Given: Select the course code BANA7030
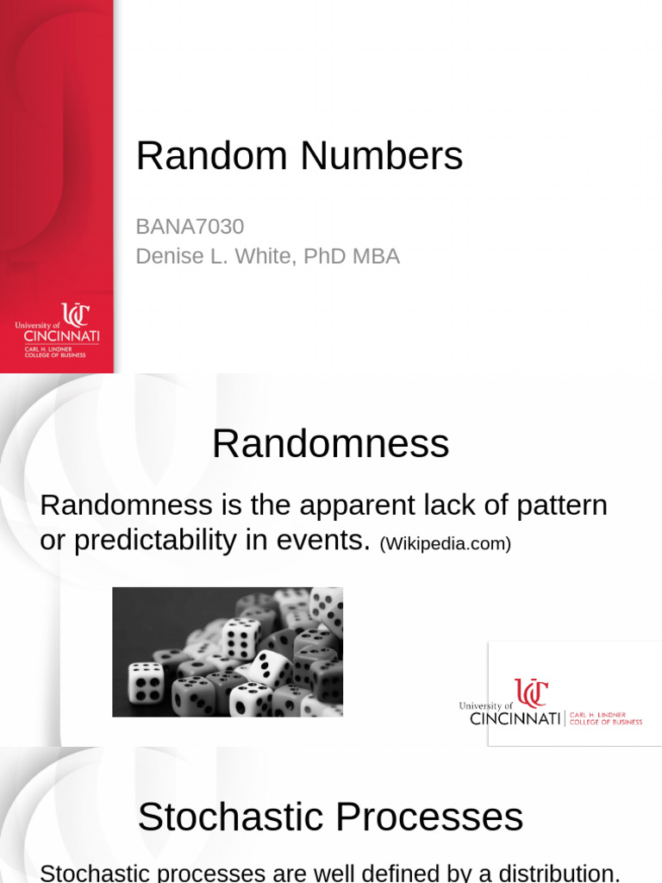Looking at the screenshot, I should pos(190,227).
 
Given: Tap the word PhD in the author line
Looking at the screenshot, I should pos(320,256).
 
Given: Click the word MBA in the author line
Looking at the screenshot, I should pos(375,256).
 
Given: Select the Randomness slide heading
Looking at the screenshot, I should pos(330,444).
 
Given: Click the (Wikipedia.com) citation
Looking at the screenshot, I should pos(445,544).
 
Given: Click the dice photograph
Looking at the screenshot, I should pos(228,652).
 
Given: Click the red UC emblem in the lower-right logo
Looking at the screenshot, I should pos(531,693).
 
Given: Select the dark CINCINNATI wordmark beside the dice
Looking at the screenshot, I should pos(515,719).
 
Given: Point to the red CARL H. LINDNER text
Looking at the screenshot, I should pos(604,715).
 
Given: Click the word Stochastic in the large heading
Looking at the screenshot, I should pos(230,817).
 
